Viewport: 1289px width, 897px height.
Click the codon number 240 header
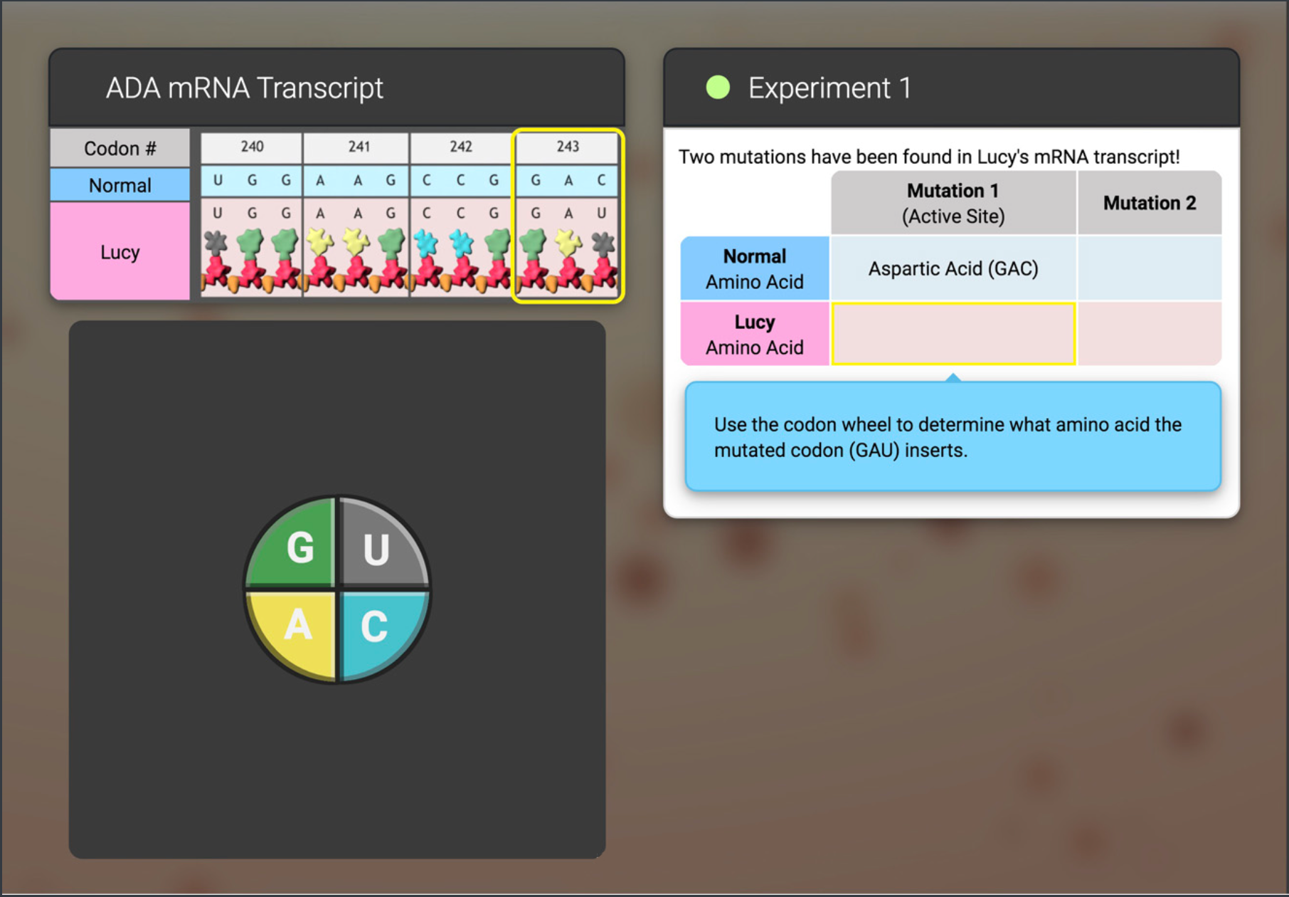[x=252, y=147]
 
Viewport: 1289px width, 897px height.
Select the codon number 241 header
[x=359, y=147]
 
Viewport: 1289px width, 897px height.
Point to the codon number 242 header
[x=461, y=147]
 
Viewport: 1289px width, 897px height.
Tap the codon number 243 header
[x=568, y=147]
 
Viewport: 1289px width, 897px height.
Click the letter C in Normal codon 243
[x=601, y=181]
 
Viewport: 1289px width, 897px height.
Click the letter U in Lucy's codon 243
[x=601, y=213]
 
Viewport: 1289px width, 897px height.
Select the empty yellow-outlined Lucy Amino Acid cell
[x=953, y=334]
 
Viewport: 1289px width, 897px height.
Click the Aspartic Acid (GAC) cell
[x=953, y=268]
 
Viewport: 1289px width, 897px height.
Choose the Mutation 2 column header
[x=1150, y=203]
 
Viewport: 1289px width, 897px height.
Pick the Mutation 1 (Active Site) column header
[x=953, y=203]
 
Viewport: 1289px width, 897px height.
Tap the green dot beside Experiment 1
[x=718, y=88]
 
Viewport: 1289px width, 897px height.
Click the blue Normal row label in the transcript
[x=120, y=185]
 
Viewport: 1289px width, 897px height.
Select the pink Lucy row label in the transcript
[x=120, y=252]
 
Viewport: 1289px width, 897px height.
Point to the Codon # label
[x=120, y=148]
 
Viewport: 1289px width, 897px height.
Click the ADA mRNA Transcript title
[x=244, y=88]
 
